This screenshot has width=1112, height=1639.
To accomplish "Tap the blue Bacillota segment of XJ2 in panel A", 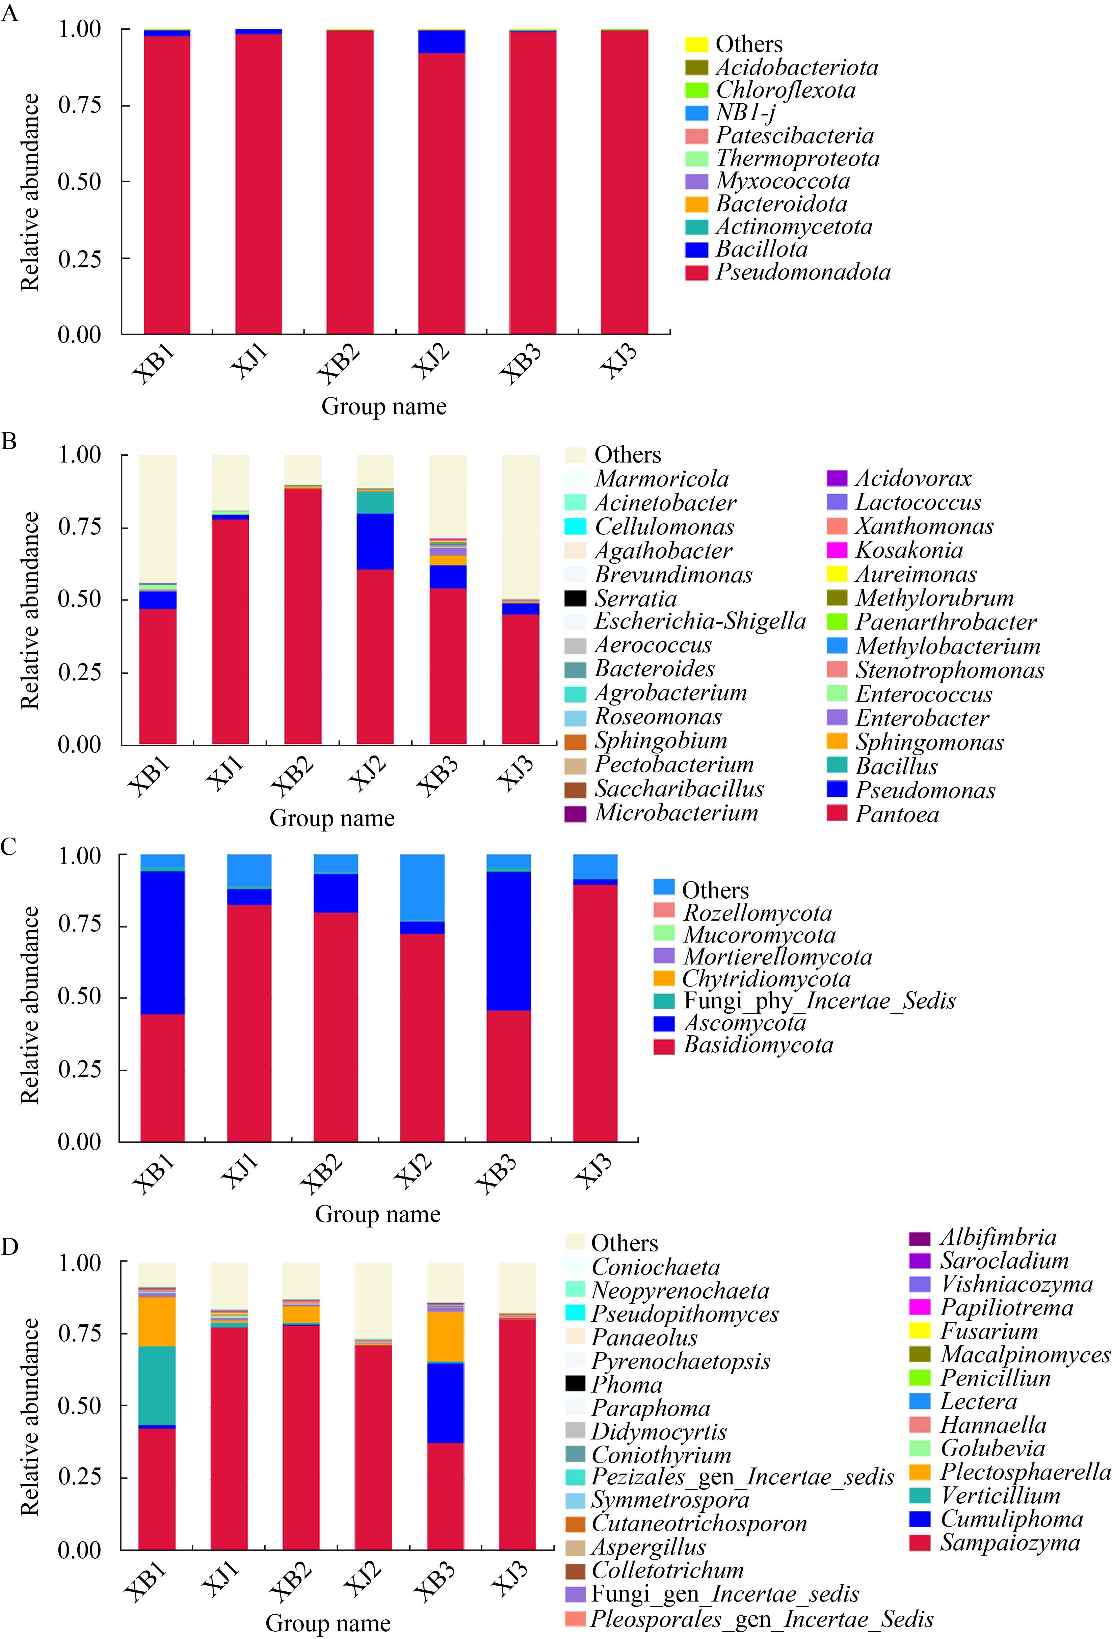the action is [x=442, y=42].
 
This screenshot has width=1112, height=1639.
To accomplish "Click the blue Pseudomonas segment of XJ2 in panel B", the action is [x=375, y=541].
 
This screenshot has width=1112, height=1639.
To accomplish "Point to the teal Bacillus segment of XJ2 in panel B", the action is [x=375, y=502].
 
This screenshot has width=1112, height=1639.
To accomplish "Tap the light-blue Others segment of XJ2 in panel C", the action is [x=422, y=888].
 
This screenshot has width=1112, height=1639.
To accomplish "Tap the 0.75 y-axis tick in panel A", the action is [x=80, y=105].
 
